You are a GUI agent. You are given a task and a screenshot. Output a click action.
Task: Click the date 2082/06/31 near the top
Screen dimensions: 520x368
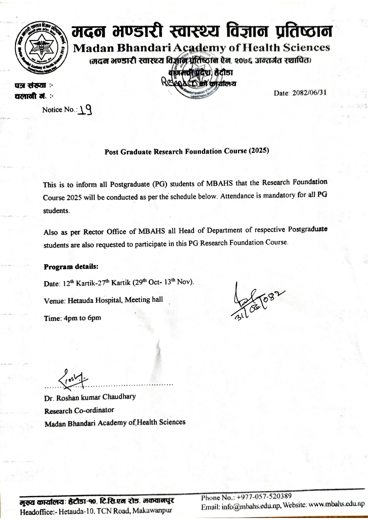tap(309, 93)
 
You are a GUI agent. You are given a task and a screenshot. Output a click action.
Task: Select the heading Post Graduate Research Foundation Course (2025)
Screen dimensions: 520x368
tap(187, 151)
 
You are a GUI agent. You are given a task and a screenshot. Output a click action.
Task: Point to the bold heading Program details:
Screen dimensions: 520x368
tap(71, 267)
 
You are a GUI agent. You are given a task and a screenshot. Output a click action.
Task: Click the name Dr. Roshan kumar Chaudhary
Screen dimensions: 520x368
tap(90, 397)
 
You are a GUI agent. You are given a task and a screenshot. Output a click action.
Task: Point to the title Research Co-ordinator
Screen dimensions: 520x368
tap(79, 411)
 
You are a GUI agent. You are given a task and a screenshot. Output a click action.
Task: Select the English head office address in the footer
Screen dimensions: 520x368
tap(96, 511)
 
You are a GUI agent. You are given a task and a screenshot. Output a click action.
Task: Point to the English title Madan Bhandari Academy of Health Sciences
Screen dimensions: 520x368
tap(201, 47)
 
